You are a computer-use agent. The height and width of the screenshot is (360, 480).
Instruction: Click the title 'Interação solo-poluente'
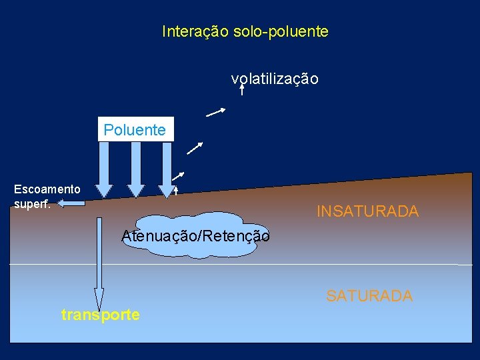[245, 31]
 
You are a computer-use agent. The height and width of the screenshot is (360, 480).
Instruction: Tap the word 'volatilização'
[275, 79]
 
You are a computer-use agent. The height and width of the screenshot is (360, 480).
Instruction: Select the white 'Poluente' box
[135, 130]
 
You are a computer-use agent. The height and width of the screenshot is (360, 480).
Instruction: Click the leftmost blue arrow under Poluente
[105, 169]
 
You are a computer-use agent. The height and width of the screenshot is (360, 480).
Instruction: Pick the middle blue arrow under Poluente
[135, 169]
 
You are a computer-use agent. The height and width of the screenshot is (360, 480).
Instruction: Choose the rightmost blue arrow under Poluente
[165, 169]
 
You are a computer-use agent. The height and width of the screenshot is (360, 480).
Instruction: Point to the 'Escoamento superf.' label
[47, 196]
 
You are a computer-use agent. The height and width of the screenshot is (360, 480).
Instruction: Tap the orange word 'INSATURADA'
[367, 212]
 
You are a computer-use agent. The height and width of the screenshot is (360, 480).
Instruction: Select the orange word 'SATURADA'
[369, 295]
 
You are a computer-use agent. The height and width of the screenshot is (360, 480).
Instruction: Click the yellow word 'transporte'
[101, 315]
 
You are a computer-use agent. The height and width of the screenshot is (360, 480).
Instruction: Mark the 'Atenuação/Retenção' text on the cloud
[195, 235]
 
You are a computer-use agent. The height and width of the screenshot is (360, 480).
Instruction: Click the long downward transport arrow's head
[99, 299]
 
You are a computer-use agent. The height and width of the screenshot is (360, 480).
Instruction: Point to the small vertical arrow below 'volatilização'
[241, 89]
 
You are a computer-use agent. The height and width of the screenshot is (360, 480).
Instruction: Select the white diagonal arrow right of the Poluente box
[195, 148]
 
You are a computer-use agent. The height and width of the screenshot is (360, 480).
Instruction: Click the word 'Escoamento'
[47, 189]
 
